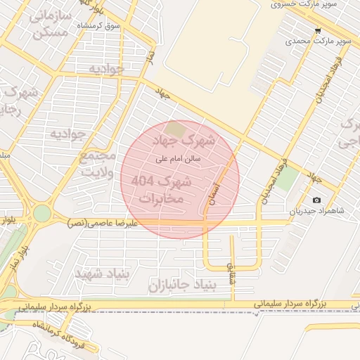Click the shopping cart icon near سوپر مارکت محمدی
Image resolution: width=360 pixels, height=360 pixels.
tap(319, 31)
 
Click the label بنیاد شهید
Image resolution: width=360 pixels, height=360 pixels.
tap(103, 272)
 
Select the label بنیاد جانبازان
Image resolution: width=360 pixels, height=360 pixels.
tap(186, 285)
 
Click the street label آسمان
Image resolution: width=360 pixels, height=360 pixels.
tap(215, 190)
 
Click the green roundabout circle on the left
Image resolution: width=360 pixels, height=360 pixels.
tap(42, 212)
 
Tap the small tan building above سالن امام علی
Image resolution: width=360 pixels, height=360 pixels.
tap(175, 130)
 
